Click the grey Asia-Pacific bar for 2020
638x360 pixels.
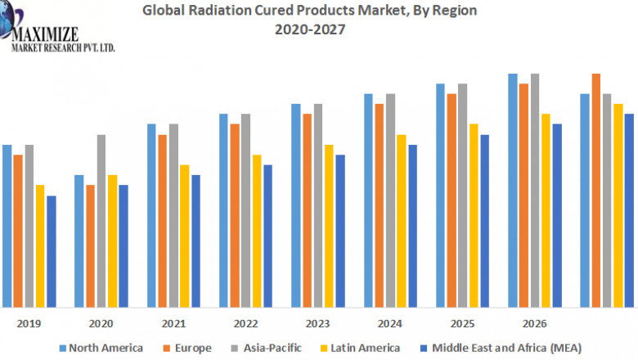101,221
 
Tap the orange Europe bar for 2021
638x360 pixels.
163,221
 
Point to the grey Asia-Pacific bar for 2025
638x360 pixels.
462,196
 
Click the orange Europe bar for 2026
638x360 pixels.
523,196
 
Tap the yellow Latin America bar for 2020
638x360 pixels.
113,241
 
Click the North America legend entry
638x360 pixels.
99,348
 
